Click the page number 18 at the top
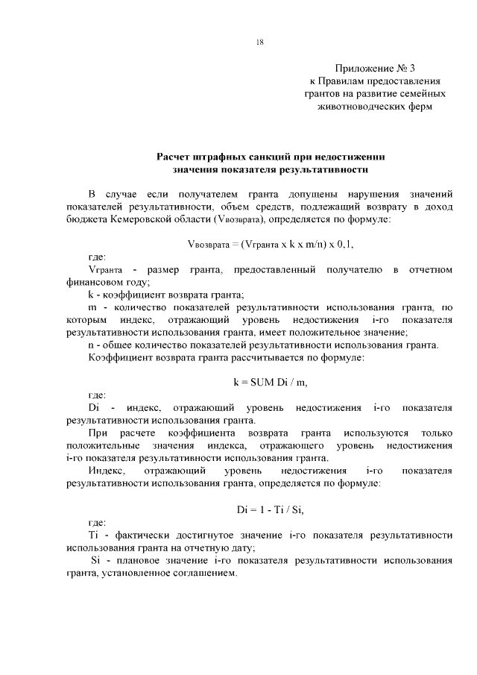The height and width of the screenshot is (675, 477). pyautogui.click(x=259, y=42)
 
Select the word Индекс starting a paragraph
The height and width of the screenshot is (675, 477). pyautogui.click(x=107, y=471)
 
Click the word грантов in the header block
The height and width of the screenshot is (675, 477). pyautogui.click(x=323, y=93)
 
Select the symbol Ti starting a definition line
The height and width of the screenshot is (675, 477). pyautogui.click(x=93, y=536)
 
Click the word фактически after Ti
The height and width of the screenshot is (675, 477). pyautogui.click(x=138, y=536)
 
